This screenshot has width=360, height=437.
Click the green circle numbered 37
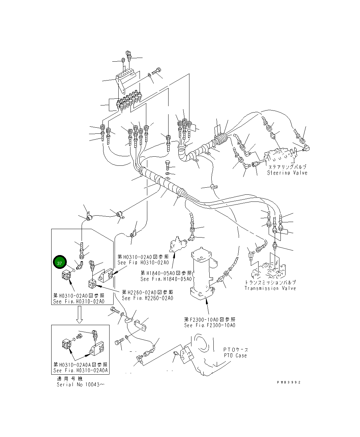click(x=60, y=263)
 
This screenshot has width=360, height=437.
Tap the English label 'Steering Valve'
click(x=287, y=173)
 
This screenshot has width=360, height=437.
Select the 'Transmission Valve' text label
click(x=270, y=288)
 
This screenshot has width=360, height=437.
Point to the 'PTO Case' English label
click(x=235, y=355)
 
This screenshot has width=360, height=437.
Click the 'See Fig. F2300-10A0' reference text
click(x=210, y=325)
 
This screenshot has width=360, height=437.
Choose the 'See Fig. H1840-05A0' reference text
click(x=166, y=279)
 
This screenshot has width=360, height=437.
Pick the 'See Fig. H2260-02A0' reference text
click(x=147, y=298)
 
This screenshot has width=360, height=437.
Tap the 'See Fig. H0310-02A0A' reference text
click(x=81, y=370)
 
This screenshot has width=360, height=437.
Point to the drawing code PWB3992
click(x=289, y=382)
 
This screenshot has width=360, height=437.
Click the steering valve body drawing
click(x=280, y=157)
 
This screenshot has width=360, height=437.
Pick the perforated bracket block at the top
click(x=127, y=79)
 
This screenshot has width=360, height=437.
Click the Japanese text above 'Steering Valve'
click(x=287, y=167)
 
